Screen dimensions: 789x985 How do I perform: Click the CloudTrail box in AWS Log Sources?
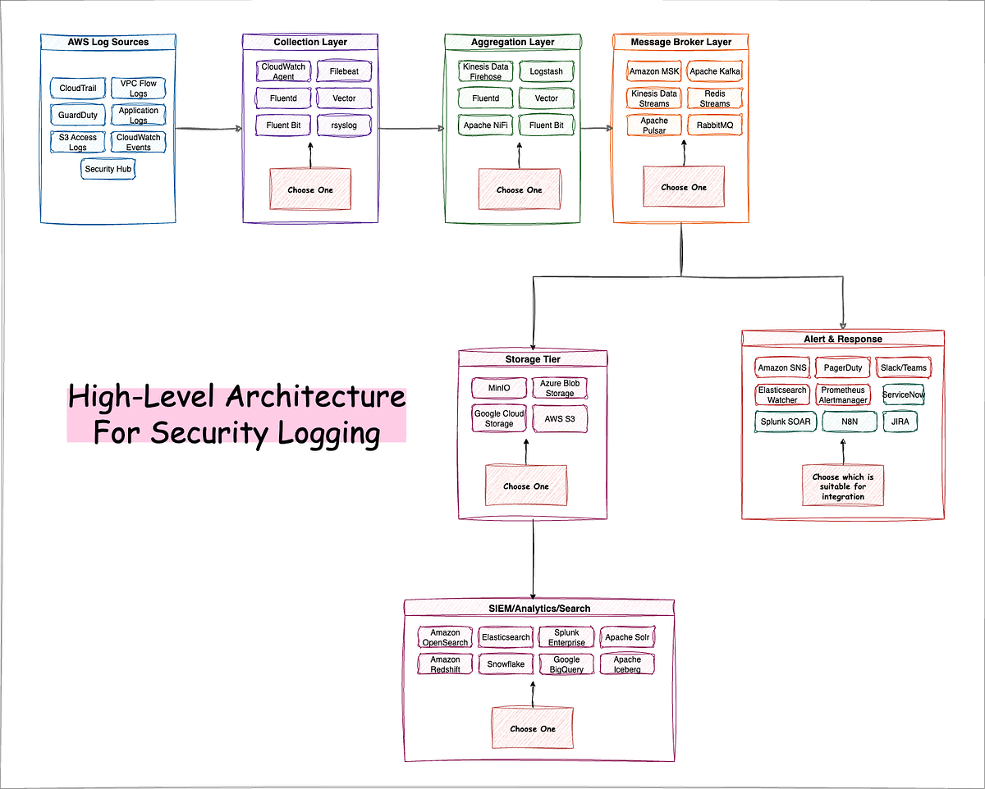(x=77, y=88)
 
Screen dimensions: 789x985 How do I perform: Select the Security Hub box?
(x=108, y=169)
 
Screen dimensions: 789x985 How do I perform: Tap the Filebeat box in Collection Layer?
(x=344, y=71)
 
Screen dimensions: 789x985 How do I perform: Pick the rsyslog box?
(x=344, y=125)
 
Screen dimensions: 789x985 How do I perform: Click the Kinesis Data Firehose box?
(x=486, y=71)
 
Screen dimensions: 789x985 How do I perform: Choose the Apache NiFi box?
(x=486, y=125)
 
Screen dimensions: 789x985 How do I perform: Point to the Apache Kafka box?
(x=715, y=71)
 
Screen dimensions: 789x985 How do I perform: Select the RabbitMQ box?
(x=715, y=125)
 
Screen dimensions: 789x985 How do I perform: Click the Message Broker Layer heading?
(x=680, y=42)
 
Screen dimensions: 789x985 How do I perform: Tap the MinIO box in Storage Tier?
(x=499, y=387)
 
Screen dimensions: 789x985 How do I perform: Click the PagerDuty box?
(x=843, y=367)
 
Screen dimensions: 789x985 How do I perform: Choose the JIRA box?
(x=900, y=422)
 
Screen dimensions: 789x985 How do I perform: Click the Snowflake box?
(x=506, y=664)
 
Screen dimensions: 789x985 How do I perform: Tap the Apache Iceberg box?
(x=627, y=664)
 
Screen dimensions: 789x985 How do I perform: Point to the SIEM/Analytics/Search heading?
(x=539, y=608)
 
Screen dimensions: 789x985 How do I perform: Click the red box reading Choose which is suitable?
(x=843, y=486)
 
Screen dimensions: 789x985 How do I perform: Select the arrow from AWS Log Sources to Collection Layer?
(x=208, y=129)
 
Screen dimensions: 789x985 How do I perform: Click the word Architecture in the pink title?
(x=315, y=397)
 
